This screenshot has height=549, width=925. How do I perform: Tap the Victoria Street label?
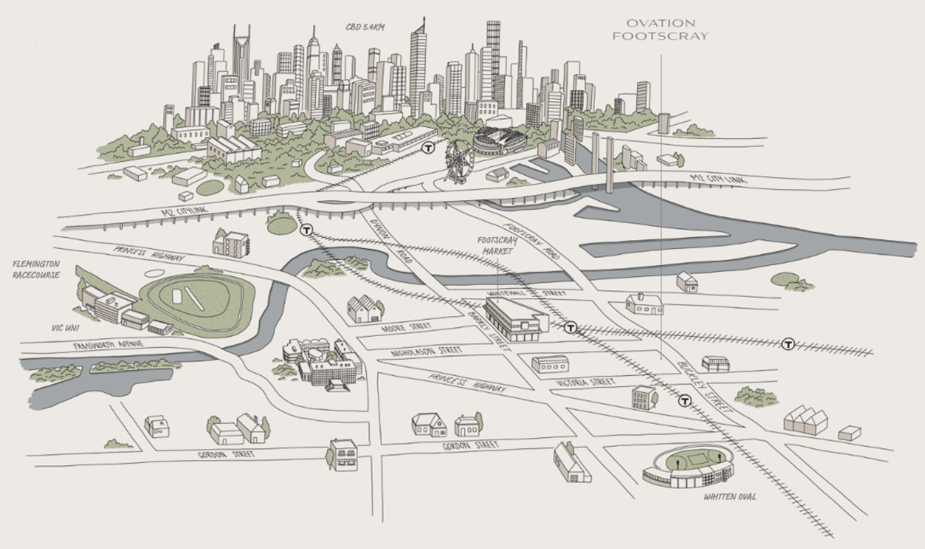pos(586,383)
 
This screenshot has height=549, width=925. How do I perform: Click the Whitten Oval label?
pos(730,498)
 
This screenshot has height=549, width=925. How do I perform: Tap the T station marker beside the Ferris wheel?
pos(429,148)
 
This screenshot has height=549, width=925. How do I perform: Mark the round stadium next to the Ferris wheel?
pos(500,142)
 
